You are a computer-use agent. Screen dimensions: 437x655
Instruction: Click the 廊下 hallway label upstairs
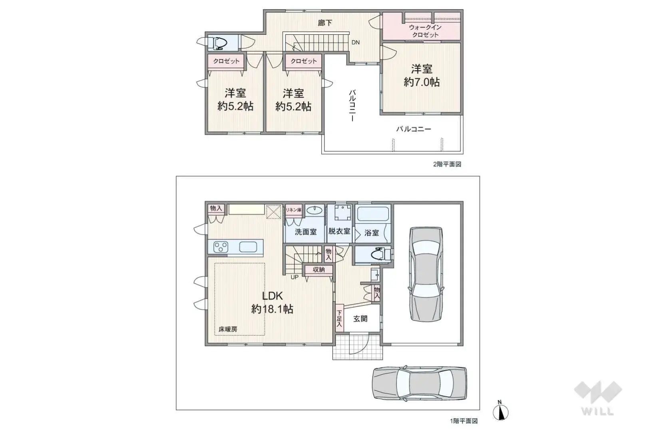(x=325, y=23)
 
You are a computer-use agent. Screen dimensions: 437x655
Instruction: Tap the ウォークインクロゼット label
(x=425, y=31)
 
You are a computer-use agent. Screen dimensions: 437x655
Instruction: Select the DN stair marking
(x=355, y=42)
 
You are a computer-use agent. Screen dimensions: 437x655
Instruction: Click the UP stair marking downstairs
(x=295, y=277)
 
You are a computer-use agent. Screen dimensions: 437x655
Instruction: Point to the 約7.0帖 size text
(x=422, y=82)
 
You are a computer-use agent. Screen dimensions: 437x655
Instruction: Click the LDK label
(x=272, y=296)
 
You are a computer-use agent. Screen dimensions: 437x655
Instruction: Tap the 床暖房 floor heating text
(x=228, y=329)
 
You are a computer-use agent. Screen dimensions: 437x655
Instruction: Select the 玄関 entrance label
(x=360, y=319)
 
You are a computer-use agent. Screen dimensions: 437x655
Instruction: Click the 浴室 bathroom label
(x=371, y=232)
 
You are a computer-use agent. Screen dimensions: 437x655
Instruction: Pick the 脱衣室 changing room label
(x=339, y=231)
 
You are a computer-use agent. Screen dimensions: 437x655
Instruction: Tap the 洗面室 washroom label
(x=306, y=231)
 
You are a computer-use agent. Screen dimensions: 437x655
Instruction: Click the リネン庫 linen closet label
(x=293, y=210)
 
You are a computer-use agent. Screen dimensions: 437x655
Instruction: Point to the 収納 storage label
(x=319, y=269)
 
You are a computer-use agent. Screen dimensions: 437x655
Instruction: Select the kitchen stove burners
(x=221, y=247)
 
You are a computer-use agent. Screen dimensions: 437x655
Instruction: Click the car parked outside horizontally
(x=419, y=383)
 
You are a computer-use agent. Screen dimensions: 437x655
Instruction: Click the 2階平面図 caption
(x=447, y=164)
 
